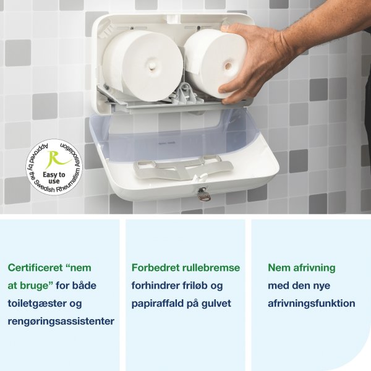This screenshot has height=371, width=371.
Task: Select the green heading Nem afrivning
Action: (x=301, y=268)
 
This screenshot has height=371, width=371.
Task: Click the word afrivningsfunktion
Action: (x=311, y=304)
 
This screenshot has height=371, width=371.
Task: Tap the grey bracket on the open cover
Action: (x=182, y=166)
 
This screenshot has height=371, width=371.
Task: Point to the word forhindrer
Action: (x=158, y=286)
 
